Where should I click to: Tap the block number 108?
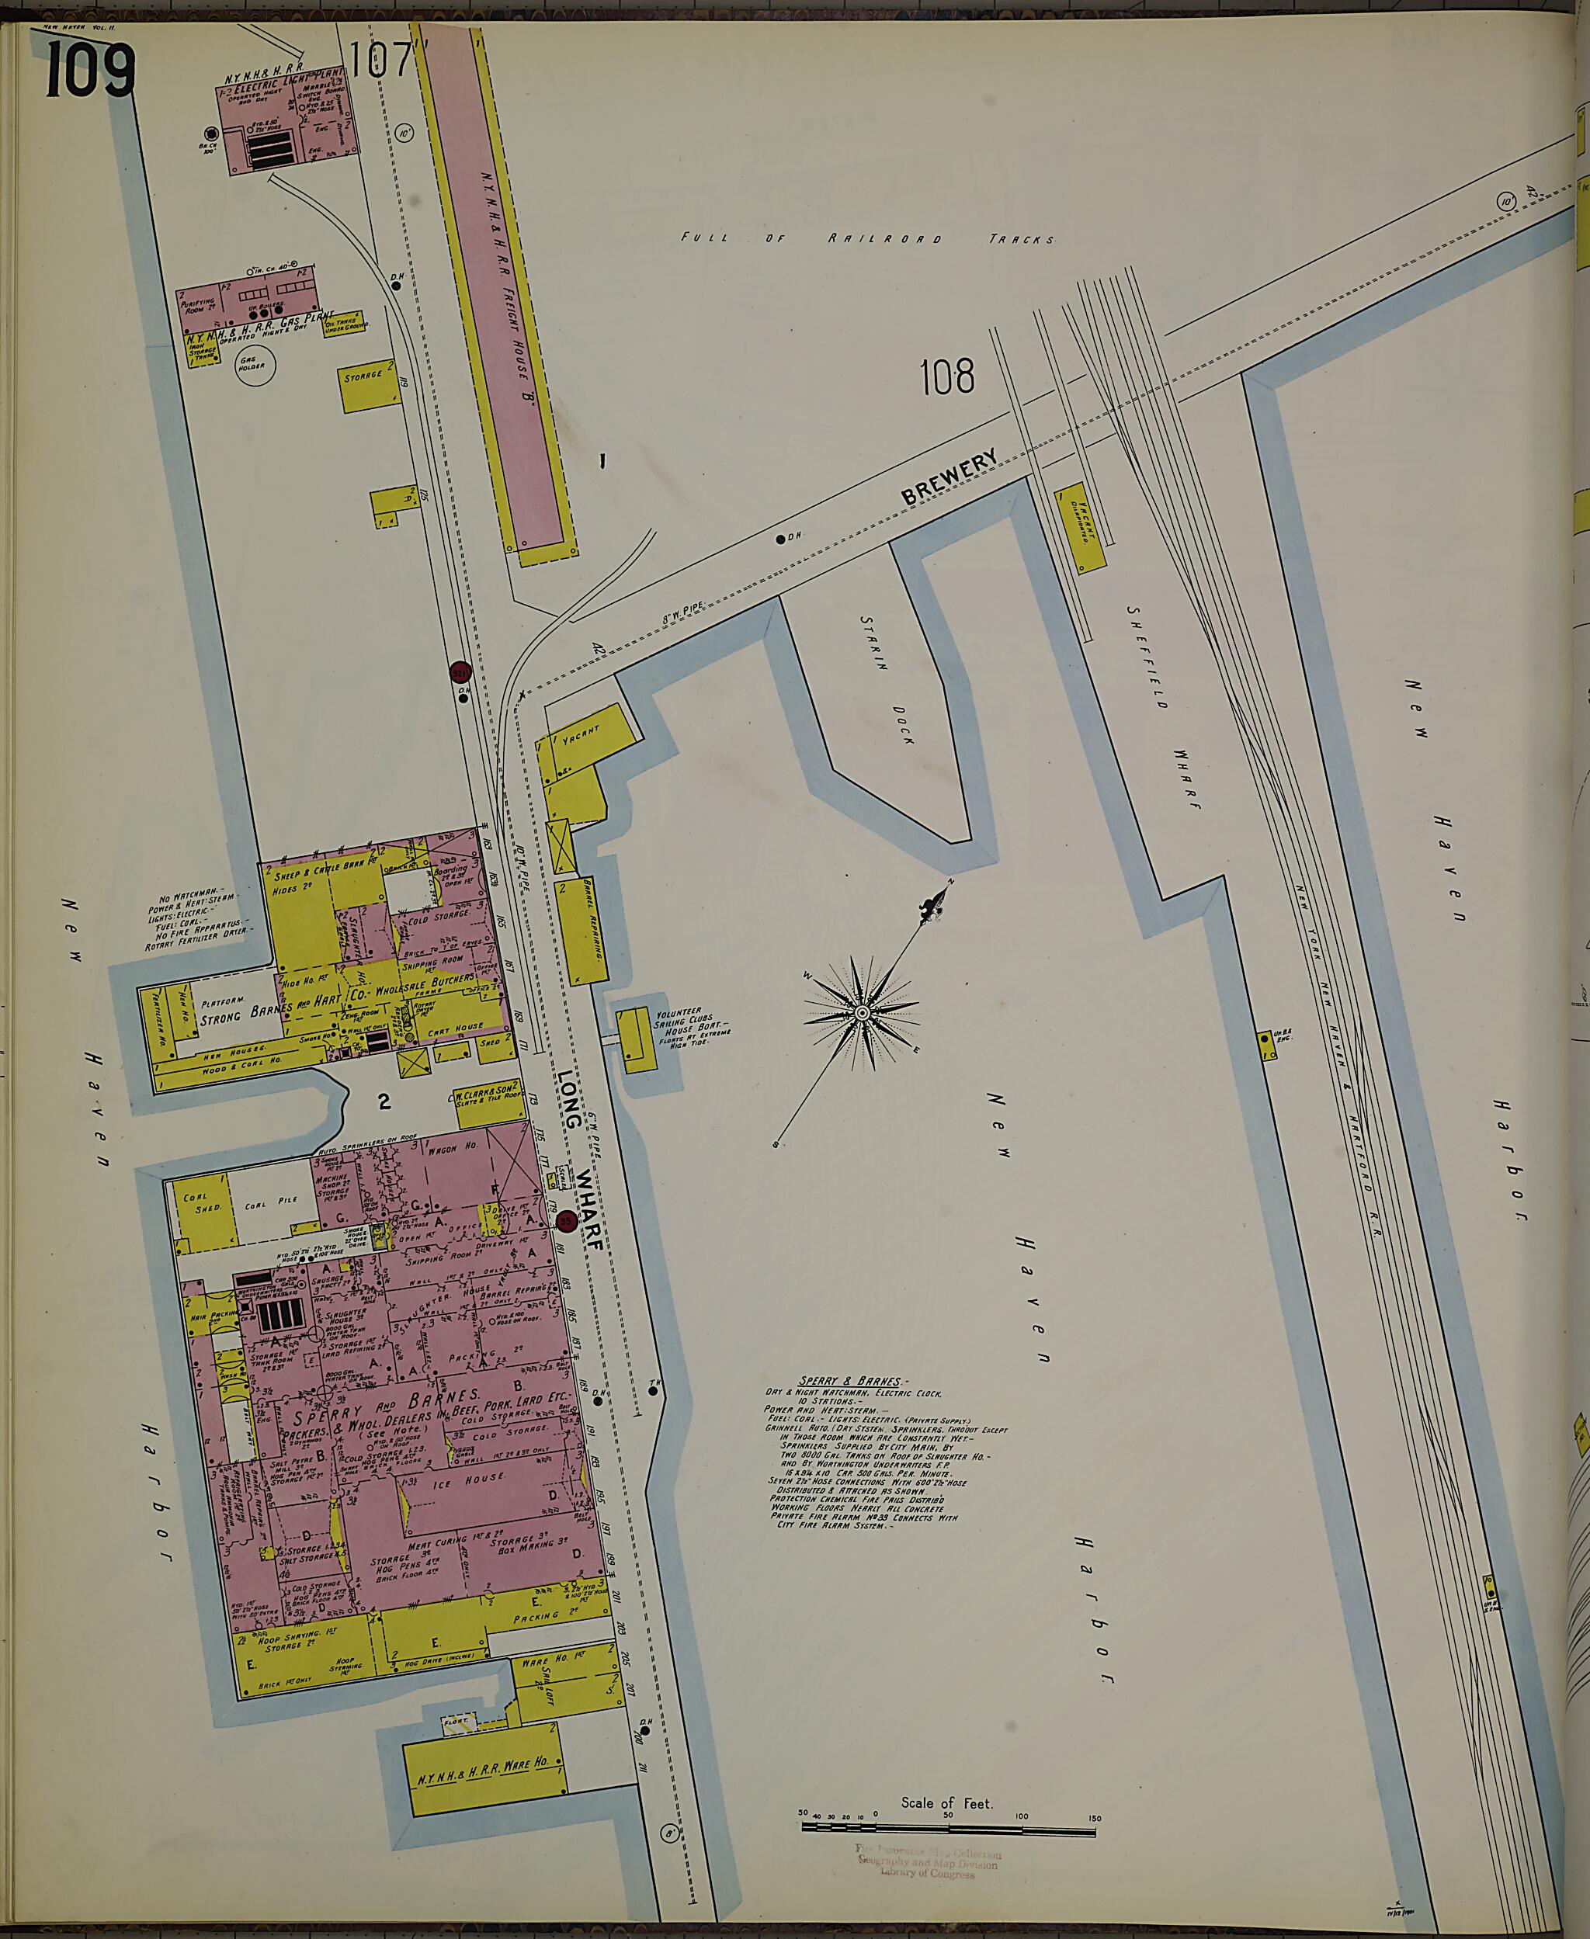947,377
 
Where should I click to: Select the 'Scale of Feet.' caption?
946,1803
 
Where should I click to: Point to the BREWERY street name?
949,478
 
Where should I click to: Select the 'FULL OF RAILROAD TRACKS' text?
866,239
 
